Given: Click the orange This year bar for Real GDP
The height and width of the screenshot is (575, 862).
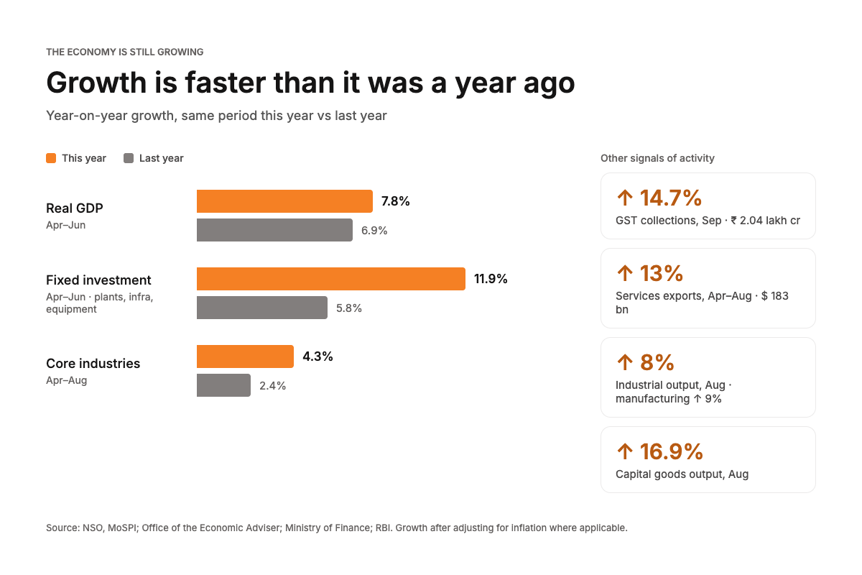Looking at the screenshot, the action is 284,201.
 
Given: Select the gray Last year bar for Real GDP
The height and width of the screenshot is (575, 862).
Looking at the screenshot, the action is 274,230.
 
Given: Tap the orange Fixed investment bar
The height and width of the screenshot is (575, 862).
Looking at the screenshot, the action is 331,279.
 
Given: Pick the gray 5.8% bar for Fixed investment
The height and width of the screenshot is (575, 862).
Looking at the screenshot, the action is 262,308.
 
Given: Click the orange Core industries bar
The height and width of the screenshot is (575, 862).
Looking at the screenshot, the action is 245,356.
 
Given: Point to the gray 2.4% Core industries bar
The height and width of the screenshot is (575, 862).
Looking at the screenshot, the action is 223,385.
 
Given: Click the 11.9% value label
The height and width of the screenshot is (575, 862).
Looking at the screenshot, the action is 491,278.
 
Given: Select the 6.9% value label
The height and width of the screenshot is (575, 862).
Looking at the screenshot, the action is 374,230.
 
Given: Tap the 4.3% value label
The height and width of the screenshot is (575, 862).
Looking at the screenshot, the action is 318,356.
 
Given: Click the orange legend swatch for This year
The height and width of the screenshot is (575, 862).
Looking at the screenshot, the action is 51,158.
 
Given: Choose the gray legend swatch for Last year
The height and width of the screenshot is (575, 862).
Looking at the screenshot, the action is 129,158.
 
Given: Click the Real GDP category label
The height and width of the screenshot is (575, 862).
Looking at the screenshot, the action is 75,208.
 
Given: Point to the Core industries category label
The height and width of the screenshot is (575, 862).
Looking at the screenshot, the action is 93,363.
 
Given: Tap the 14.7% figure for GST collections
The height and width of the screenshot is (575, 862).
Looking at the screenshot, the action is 671,198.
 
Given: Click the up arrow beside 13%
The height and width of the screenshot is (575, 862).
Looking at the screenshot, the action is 625,273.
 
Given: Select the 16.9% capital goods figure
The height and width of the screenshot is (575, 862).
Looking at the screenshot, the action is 671,451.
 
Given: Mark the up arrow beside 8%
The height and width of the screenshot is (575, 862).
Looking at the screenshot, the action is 625,362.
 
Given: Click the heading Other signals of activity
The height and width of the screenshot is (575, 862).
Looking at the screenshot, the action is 657,158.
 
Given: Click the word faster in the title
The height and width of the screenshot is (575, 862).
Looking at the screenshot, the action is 225,83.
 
